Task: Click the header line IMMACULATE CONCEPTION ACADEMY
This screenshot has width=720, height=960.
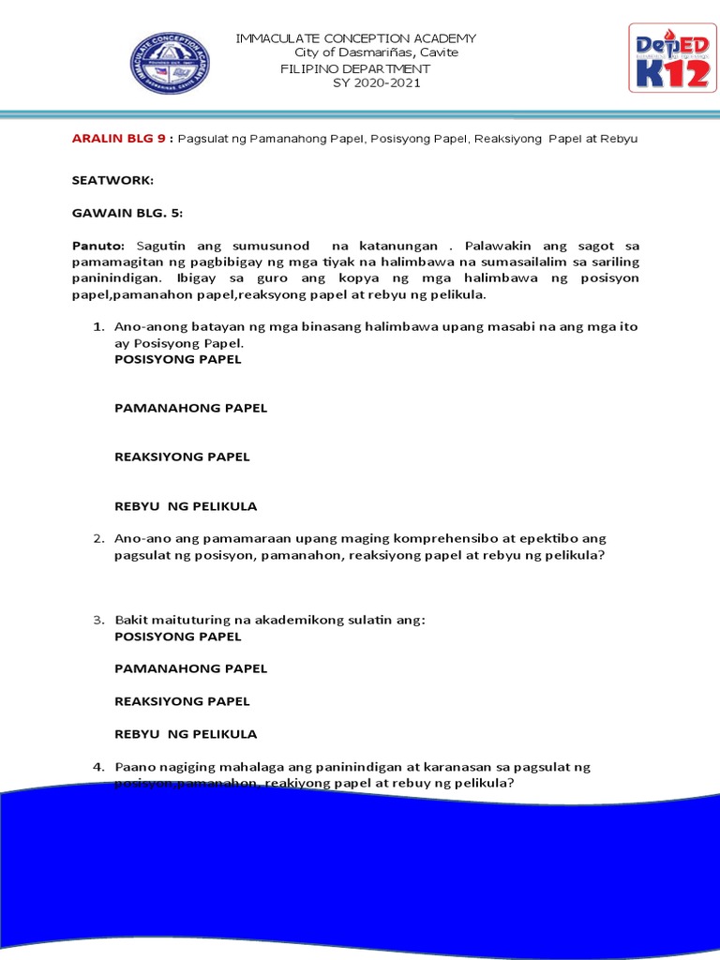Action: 356,38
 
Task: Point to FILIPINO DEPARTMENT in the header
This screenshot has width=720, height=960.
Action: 355,68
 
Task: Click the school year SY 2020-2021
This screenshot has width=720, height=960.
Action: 377,83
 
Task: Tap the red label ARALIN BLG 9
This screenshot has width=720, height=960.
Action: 118,139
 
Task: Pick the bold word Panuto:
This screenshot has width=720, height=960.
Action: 97,246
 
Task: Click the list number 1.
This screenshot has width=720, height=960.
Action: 97,327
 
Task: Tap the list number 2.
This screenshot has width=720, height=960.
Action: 97,539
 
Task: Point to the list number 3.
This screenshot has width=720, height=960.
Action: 97,621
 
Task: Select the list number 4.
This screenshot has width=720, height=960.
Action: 97,767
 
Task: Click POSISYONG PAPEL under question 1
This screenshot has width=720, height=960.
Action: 177,359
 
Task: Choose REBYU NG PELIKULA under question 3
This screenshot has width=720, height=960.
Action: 185,733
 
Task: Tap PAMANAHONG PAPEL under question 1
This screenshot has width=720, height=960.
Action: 190,408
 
